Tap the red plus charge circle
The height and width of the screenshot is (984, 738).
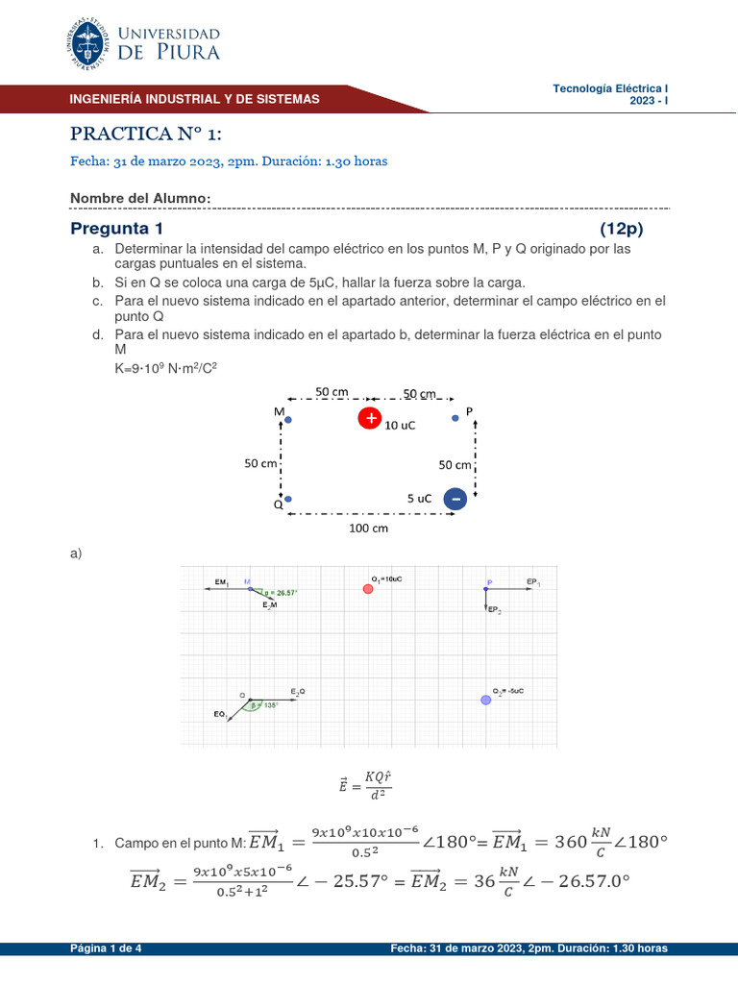[x=370, y=418]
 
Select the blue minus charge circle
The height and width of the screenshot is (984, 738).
[x=455, y=499]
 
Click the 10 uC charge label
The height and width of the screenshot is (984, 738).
[x=400, y=425]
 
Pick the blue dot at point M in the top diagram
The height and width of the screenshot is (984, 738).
[x=287, y=420]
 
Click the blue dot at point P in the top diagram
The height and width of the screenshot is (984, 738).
[x=455, y=418]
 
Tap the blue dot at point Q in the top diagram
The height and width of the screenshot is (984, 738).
[x=287, y=499]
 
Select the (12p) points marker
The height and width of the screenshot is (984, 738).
[x=621, y=229]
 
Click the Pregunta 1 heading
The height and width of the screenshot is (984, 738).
[x=117, y=229]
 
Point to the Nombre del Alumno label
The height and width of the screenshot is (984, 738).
[x=140, y=198]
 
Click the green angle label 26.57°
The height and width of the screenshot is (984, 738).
[x=281, y=593]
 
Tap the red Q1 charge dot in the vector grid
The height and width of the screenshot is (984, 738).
[x=368, y=588]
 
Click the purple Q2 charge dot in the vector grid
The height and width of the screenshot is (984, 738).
[x=485, y=700]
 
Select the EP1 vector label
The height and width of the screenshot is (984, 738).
[x=533, y=581]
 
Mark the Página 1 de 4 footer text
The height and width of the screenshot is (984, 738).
[x=106, y=948]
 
